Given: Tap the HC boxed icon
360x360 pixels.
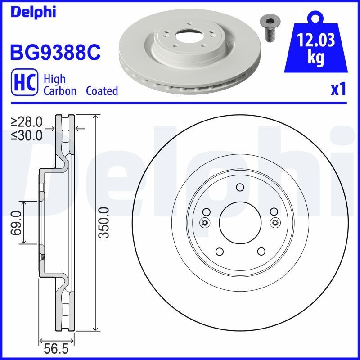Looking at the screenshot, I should (x=23, y=84).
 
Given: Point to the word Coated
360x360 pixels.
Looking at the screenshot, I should (x=102, y=91).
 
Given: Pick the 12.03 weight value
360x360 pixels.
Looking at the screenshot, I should (x=316, y=41).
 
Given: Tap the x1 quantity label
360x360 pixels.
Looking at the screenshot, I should (x=338, y=90).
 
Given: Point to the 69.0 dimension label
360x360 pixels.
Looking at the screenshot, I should (x=16, y=222).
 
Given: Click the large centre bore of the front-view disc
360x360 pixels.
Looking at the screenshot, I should (x=239, y=222).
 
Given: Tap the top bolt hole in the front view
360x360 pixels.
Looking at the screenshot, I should (x=239, y=188).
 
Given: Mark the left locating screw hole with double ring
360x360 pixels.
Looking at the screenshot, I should (x=205, y=222).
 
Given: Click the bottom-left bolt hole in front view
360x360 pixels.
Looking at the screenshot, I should (x=219, y=252).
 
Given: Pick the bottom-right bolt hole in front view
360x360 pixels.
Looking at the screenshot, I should (x=260, y=252).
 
